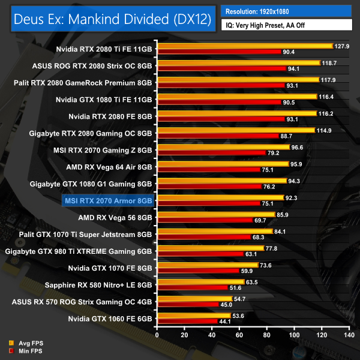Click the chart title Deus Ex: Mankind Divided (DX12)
click(x=112, y=19)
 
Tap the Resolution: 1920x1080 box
click(x=286, y=11)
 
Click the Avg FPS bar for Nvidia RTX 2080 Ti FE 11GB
click(x=245, y=46)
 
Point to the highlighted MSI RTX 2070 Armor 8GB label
click(x=108, y=200)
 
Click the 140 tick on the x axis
click(x=350, y=335)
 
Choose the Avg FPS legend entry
click(x=26, y=343)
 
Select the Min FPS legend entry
click(x=26, y=350)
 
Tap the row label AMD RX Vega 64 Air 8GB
click(x=112, y=167)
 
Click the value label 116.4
click(x=327, y=96)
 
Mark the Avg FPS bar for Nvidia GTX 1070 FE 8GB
click(x=208, y=265)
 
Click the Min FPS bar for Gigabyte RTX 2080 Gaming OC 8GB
click(x=218, y=136)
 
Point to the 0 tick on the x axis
click(x=157, y=335)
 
